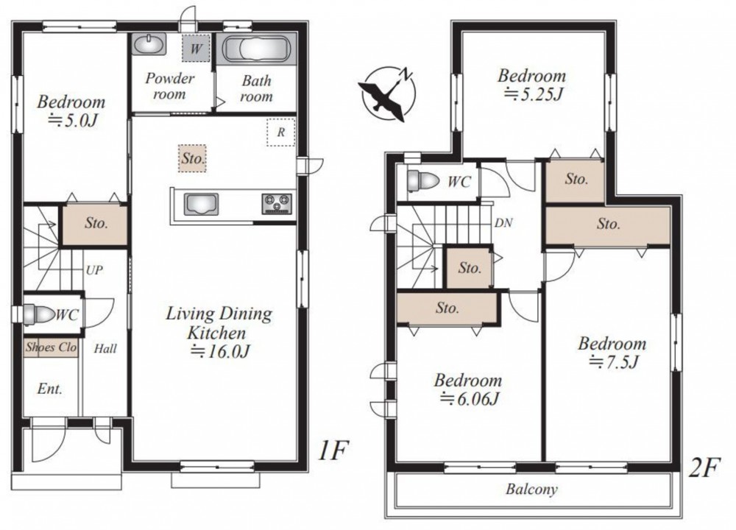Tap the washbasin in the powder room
[149, 45]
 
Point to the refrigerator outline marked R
[280, 132]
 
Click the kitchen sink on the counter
[202, 204]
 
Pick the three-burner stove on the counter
[277, 204]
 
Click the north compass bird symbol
[387, 94]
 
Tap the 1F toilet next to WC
[36, 314]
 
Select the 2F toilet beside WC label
[422, 181]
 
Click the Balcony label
[531, 490]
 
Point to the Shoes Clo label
[52, 347]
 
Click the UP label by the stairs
[94, 270]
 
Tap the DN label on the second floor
[503, 222]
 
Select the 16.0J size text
[219, 351]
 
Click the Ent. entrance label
[50, 389]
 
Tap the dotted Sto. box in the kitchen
[192, 158]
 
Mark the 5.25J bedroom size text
[534, 95]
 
